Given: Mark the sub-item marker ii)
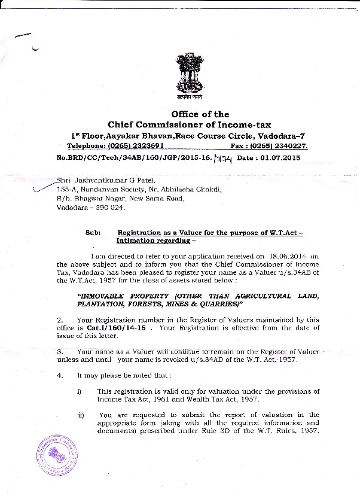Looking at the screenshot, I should tap(80, 414).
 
